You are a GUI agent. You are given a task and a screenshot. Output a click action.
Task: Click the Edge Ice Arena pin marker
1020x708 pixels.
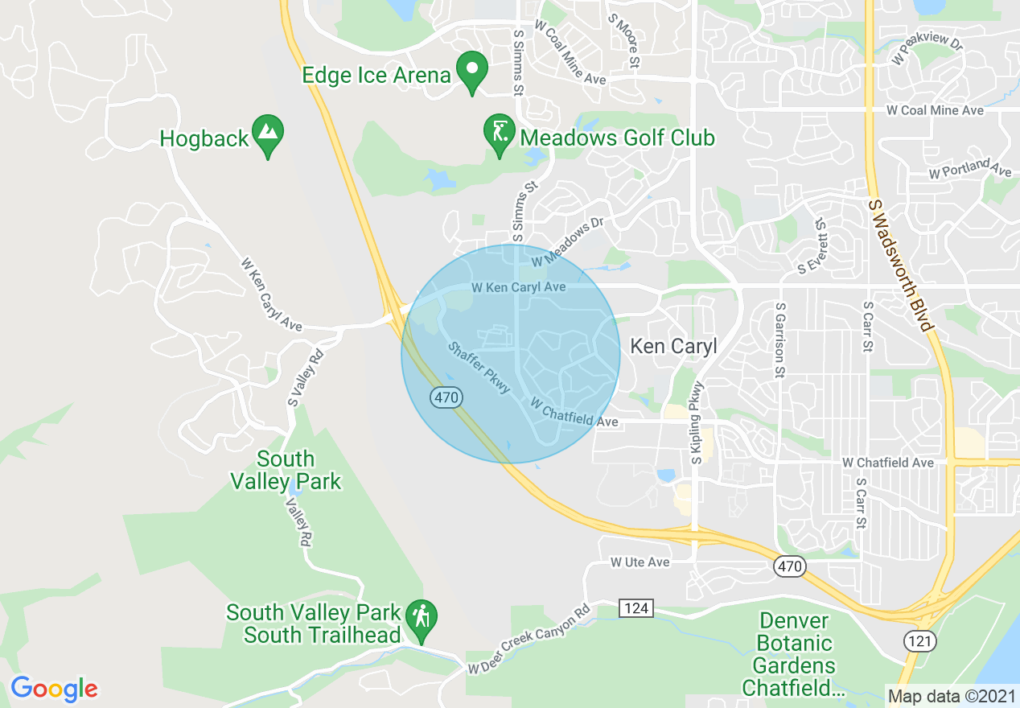(x=472, y=72)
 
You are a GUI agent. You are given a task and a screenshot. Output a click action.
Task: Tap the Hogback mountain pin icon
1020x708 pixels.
(x=267, y=136)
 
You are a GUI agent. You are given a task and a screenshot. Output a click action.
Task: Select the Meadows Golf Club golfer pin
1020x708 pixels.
(x=499, y=134)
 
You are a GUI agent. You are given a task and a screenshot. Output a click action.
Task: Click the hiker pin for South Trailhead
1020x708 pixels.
(x=420, y=620)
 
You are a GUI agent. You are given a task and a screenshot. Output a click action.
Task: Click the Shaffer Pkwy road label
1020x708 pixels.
(x=479, y=368)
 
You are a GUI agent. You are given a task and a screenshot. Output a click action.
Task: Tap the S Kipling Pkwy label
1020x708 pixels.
(x=697, y=422)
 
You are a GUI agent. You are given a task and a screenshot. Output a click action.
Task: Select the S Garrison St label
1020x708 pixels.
(x=779, y=340)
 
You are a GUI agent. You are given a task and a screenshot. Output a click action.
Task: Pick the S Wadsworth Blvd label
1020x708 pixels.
(x=901, y=265)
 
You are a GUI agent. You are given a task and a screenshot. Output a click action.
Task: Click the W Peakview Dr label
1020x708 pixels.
(x=927, y=50)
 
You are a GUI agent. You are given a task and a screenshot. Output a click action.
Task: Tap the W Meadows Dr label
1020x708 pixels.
(x=567, y=243)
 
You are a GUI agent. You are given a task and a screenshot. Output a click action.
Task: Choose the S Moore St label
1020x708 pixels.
(x=623, y=40)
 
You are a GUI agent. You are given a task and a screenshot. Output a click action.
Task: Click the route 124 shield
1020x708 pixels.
(x=636, y=608)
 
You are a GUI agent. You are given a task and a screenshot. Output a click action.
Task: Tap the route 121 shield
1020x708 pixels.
(x=919, y=640)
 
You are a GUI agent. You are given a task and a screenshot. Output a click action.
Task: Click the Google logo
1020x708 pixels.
(x=54, y=688)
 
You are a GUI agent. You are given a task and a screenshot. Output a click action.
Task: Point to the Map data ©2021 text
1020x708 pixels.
(x=951, y=696)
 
